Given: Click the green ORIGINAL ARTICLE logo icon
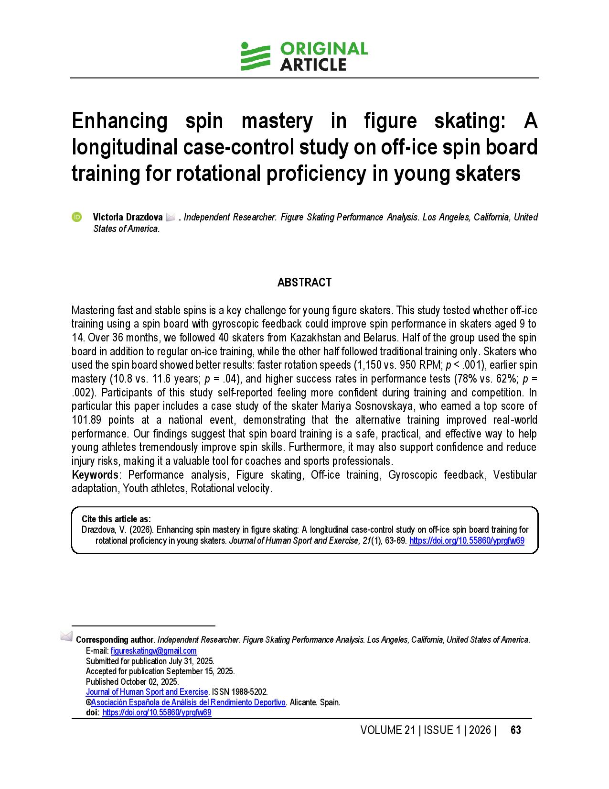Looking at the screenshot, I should (255, 56).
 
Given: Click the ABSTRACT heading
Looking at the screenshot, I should (304, 283).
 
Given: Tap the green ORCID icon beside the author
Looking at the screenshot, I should (76, 217).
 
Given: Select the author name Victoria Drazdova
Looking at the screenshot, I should (128, 218).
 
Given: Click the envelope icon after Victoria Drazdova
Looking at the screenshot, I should (171, 218).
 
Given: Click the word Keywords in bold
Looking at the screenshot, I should (95, 475).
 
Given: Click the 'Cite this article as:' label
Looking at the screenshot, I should (116, 519).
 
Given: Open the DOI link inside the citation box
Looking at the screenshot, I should (467, 541).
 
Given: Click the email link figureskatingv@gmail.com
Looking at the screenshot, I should (153, 651).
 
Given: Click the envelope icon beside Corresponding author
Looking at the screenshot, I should (66, 636).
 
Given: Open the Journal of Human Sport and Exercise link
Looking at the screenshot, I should (147, 692).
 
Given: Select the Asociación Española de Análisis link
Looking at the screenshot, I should (188, 702).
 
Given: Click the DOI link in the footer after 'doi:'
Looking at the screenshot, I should (157, 712).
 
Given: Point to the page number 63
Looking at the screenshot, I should (515, 730).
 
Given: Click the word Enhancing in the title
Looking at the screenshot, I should (119, 121).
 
